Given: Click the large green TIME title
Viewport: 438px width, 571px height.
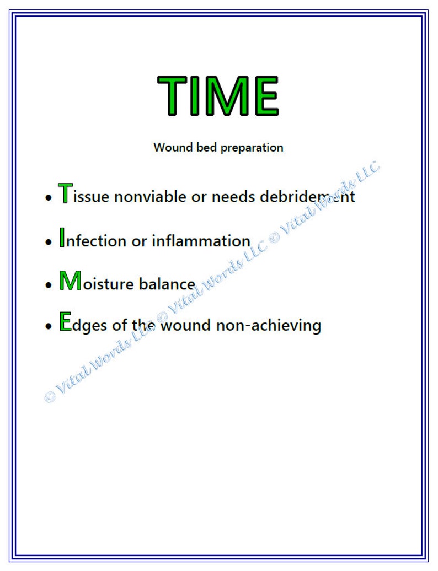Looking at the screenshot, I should coord(218,95).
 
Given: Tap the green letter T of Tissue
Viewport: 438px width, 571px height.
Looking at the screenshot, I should coord(65,193).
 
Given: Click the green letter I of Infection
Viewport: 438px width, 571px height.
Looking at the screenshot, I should coord(62,238).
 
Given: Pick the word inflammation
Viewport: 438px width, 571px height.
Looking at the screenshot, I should coord(201,241).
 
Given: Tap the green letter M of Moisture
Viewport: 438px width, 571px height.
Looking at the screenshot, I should coord(70,281).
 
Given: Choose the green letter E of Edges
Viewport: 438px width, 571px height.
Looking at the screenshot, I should coord(65,322).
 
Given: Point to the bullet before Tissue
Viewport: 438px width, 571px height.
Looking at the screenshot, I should coord(48,198).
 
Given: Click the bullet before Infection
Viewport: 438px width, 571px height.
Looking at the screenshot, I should coord(48,242).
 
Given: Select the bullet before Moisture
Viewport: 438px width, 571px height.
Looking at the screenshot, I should coord(48,285).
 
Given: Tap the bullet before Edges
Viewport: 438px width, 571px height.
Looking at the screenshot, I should coord(48,326).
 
